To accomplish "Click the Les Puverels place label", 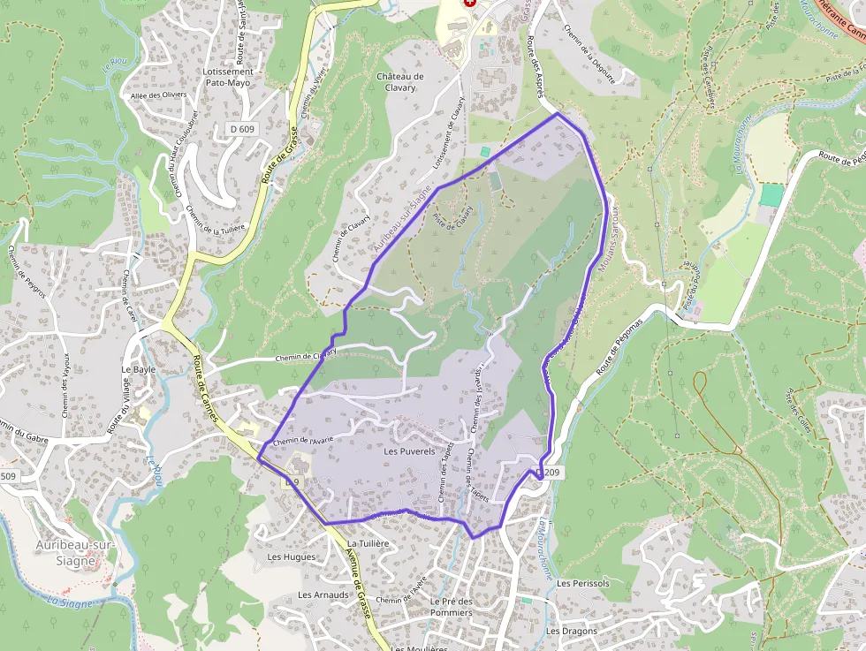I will (x=410, y=451).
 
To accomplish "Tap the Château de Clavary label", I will (x=400, y=82).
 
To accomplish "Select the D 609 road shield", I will (x=241, y=129).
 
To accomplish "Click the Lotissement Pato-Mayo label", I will (x=228, y=77).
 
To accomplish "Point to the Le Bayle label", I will (x=138, y=369).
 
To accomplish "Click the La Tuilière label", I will (x=368, y=543).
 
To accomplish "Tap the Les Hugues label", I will (x=291, y=557).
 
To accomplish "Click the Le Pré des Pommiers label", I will (x=452, y=607).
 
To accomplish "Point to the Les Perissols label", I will (x=583, y=584).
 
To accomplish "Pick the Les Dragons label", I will (x=571, y=632).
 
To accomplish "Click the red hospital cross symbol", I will (x=470, y=4).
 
